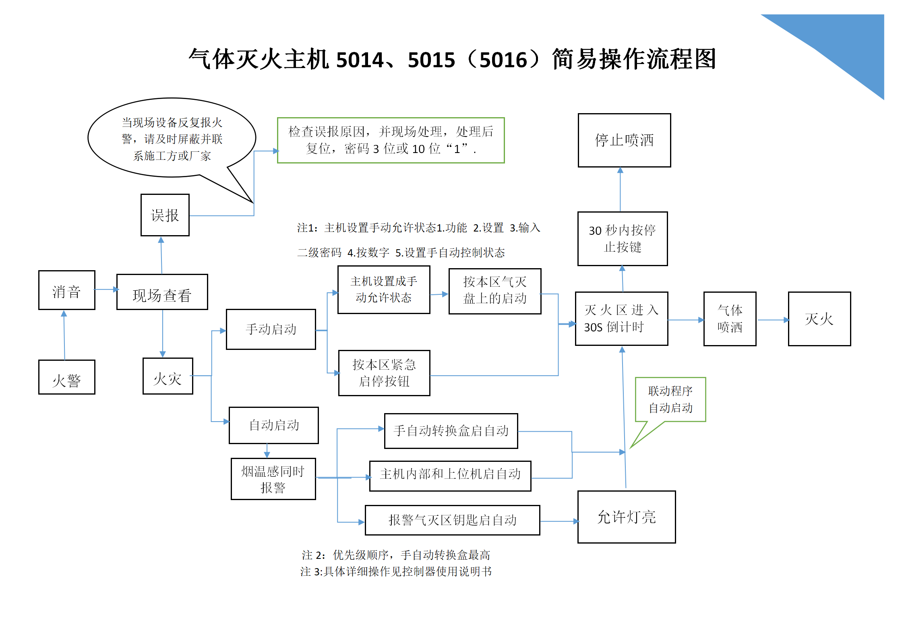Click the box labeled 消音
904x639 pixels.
point(67,290)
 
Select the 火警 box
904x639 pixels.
point(67,377)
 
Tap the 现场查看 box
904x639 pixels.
point(162,292)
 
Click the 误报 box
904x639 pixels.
point(165,215)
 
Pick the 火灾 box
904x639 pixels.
point(168,376)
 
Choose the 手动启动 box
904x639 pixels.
point(271,329)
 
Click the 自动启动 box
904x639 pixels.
point(274,426)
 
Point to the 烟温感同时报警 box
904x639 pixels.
point(273,479)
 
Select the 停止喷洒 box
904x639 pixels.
point(624,141)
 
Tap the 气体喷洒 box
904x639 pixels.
point(730,319)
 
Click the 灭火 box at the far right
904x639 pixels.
point(819,319)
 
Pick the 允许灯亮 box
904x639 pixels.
point(627,517)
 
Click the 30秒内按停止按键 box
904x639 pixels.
point(623,239)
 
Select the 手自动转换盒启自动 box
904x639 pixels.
point(451,431)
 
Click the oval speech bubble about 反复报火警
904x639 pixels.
point(172,138)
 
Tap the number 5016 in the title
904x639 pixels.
point(503,60)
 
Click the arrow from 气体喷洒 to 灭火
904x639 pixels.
point(773,320)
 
